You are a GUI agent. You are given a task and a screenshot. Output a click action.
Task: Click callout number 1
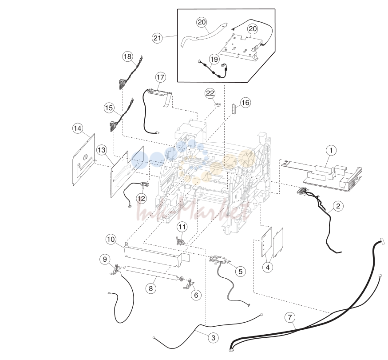click(x=331, y=150)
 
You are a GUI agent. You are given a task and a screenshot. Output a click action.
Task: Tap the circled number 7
click(x=290, y=317)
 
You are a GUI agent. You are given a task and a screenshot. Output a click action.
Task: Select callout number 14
click(x=77, y=128)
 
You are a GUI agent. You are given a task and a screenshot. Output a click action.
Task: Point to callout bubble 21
click(x=157, y=38)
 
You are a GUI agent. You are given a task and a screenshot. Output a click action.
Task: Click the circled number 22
click(x=210, y=93)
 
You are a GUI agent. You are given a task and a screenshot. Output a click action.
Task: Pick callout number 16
click(x=245, y=102)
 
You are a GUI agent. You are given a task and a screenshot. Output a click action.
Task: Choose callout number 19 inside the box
click(x=214, y=59)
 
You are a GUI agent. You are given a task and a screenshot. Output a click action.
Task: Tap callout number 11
click(x=182, y=227)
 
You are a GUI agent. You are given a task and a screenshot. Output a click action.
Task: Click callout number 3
click(x=213, y=338)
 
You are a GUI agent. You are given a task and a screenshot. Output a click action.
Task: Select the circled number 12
click(x=141, y=199)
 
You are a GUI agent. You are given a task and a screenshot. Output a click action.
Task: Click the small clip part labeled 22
click(x=217, y=104)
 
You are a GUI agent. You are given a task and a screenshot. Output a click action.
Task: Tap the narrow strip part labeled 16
click(x=233, y=109)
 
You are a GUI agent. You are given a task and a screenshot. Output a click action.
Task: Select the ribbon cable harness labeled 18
click(x=130, y=73)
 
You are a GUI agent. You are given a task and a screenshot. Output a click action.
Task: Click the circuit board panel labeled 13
click(x=127, y=172)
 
